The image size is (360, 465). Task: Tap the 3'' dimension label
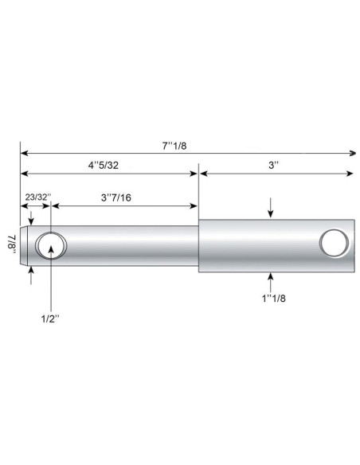tap(273, 166)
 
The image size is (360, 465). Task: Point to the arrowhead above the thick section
tap(272, 214)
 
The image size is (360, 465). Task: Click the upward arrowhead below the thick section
tap(272, 277)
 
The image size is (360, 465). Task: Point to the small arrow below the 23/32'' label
tap(31, 221)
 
